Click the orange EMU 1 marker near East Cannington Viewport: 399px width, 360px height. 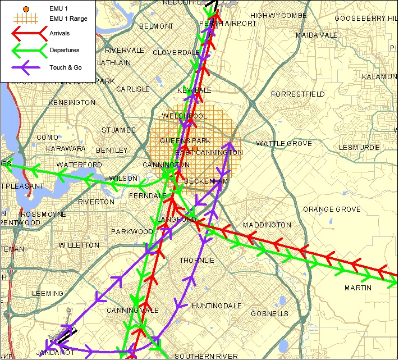[195, 148]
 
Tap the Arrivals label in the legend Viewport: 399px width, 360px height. [60, 34]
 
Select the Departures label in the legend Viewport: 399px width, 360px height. [64, 50]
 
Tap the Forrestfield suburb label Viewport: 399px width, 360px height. [297, 94]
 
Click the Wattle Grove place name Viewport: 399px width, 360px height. [283, 144]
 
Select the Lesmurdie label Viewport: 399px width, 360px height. [359, 148]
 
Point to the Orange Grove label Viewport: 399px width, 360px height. [332, 209]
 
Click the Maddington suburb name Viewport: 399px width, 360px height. [267, 225]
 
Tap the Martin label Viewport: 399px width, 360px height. [358, 288]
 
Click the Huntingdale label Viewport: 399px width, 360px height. [217, 306]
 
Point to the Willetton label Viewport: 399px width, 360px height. [79, 245]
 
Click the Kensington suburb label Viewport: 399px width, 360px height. [72, 103]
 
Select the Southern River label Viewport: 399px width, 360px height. [206, 356]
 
